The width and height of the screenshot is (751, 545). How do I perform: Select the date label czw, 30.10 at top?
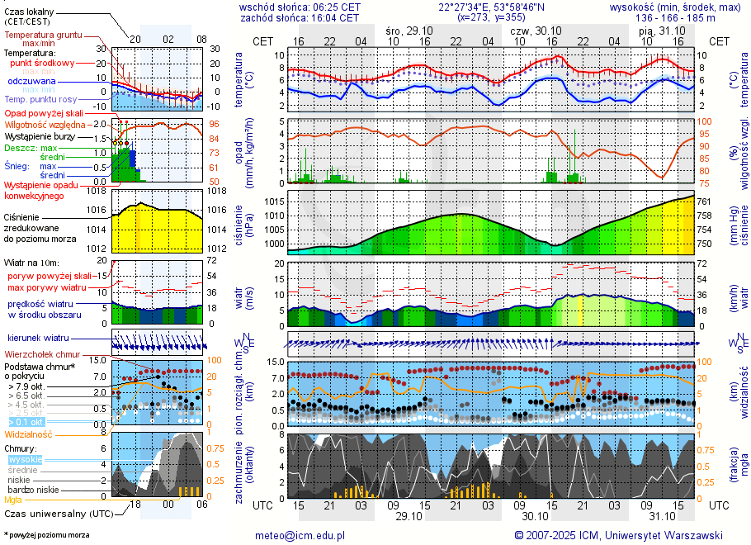535,30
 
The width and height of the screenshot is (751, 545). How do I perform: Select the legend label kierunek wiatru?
37,339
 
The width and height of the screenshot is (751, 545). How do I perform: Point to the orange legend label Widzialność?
28,434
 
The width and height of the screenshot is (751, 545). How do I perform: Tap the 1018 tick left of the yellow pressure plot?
98,191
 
